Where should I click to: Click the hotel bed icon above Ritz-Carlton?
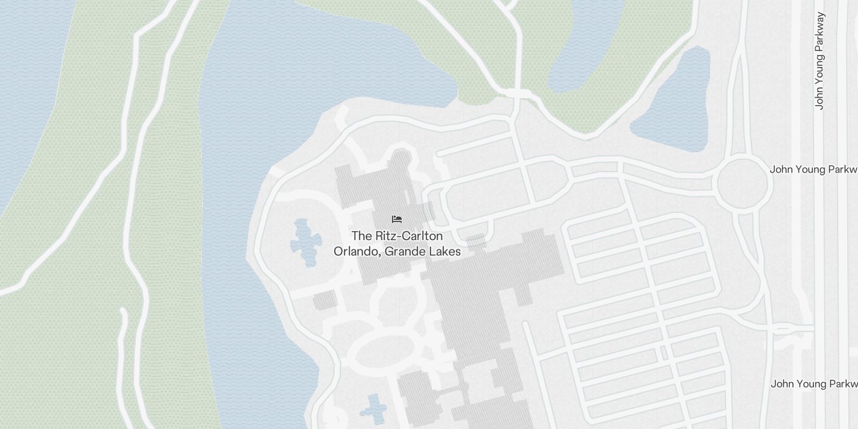[397, 219]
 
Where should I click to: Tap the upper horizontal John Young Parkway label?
[813, 169]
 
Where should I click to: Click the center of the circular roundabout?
[743, 183]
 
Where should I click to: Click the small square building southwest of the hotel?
[325, 300]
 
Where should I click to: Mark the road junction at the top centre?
[517, 93]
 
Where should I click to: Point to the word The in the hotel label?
[361, 236]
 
